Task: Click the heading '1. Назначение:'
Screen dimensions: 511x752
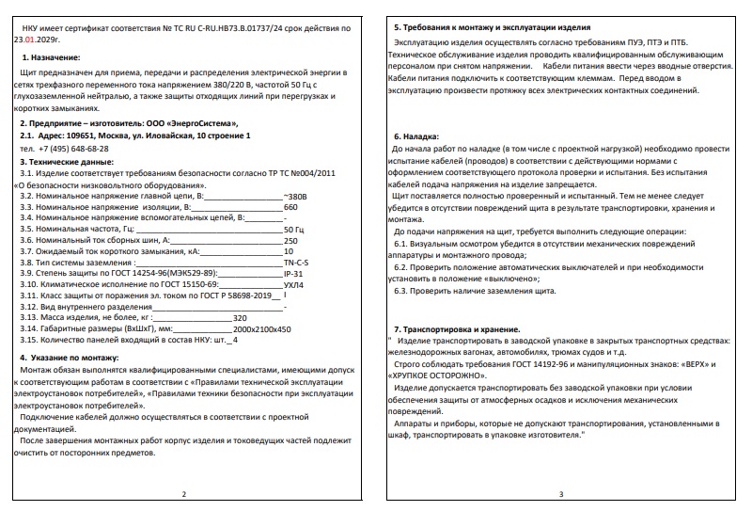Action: [x=51, y=58]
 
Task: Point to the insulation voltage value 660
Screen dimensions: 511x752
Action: [x=290, y=206]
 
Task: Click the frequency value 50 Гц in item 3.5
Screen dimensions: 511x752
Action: [x=293, y=229]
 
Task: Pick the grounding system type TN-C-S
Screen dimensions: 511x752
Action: [x=297, y=263]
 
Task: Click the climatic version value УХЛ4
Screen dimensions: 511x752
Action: [x=293, y=284]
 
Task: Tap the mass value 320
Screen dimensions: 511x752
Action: [x=239, y=318]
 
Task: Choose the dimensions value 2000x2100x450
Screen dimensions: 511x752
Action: [x=261, y=329]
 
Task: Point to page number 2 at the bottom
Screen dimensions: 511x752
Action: [x=184, y=494]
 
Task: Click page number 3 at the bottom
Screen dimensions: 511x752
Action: [x=561, y=494]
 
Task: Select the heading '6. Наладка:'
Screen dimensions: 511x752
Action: [x=419, y=136]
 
